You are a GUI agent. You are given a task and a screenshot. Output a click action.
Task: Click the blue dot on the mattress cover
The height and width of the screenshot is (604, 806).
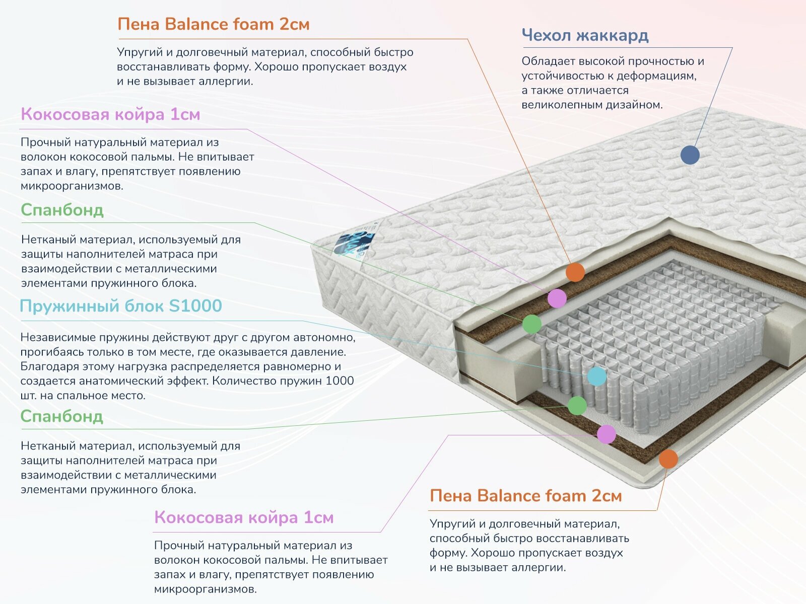pos(690,155)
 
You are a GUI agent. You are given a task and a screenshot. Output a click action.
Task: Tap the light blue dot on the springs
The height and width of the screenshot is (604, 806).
pos(597,376)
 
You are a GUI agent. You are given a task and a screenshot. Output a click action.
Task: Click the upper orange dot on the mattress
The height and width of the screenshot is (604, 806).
pos(575,272)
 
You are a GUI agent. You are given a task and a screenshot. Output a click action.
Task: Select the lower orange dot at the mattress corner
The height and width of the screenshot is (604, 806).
pos(668,459)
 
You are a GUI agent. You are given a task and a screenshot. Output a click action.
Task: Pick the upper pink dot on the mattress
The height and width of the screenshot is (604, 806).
pos(557,298)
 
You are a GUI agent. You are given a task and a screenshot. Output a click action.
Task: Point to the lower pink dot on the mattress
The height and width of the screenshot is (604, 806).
pos(607,434)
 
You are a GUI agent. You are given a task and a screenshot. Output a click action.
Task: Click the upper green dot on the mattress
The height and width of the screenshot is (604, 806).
pos(532,324)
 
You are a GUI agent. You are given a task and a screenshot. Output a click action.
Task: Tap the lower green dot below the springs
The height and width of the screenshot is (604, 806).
pos(577,406)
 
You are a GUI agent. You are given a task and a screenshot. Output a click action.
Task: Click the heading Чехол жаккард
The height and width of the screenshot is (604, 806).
pos(585,35)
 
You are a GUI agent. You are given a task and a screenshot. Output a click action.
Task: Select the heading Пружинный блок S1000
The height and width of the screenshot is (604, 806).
pos(121,306)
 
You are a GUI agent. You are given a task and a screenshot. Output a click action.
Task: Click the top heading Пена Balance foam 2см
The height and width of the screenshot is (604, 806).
pos(213,24)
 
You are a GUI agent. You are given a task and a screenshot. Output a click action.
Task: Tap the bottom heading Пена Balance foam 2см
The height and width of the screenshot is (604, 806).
pos(525,496)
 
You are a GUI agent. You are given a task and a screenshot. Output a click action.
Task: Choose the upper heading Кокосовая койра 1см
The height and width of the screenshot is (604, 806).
pos(110,114)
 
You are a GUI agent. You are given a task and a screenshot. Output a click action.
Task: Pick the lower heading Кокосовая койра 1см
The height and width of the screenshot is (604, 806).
pos(244,517)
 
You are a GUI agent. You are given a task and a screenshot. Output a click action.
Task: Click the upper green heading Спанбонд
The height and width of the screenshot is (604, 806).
pos(62,210)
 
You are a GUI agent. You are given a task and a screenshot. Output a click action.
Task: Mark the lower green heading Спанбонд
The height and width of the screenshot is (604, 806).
pos(61,416)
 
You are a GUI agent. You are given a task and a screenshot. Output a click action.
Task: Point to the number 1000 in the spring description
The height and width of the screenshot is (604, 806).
pos(340,381)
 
